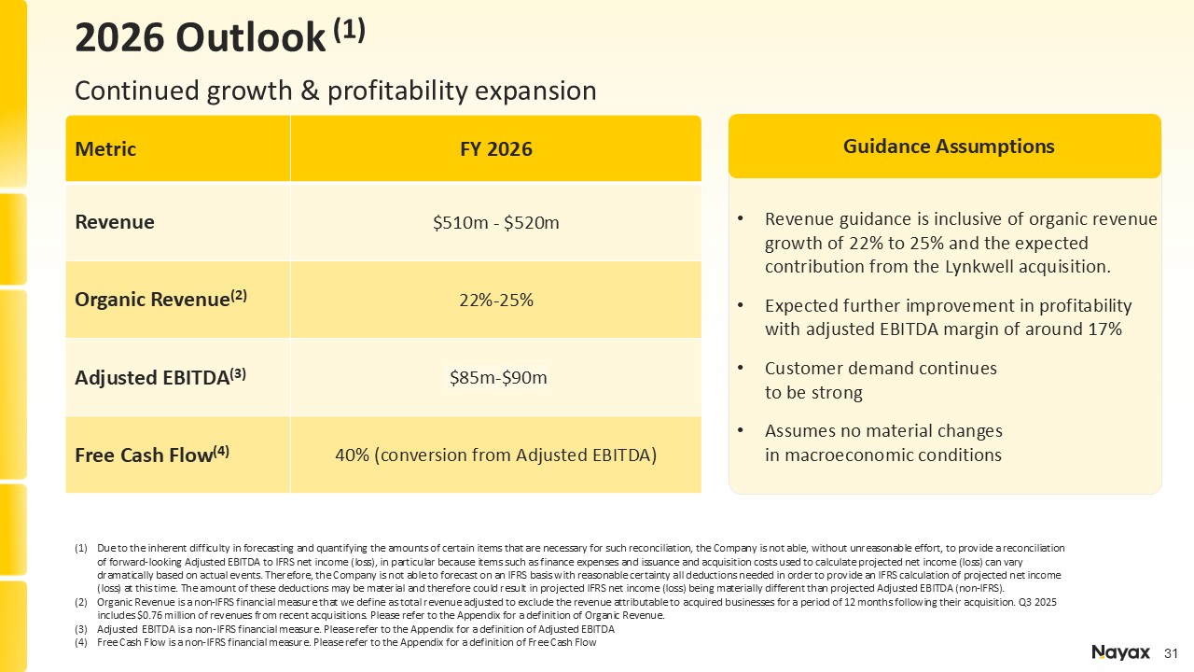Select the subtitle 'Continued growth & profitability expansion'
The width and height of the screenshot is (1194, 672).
(x=335, y=91)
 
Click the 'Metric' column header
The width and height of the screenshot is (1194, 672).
(x=105, y=149)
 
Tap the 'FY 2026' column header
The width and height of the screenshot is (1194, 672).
(x=495, y=149)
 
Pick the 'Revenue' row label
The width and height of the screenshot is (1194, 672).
(x=115, y=222)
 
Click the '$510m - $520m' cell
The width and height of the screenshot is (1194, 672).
(x=495, y=222)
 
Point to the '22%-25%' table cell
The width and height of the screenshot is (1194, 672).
(x=495, y=300)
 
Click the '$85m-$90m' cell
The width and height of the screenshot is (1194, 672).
(x=495, y=377)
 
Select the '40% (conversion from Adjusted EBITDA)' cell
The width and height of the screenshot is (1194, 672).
(x=495, y=455)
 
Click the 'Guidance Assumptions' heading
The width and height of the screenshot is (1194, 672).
(x=949, y=147)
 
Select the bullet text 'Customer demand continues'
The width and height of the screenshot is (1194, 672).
(x=881, y=369)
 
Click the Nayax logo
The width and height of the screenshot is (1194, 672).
(x=1120, y=652)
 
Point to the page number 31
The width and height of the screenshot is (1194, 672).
(x=1173, y=652)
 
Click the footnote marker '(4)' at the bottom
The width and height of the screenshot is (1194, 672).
(x=81, y=642)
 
